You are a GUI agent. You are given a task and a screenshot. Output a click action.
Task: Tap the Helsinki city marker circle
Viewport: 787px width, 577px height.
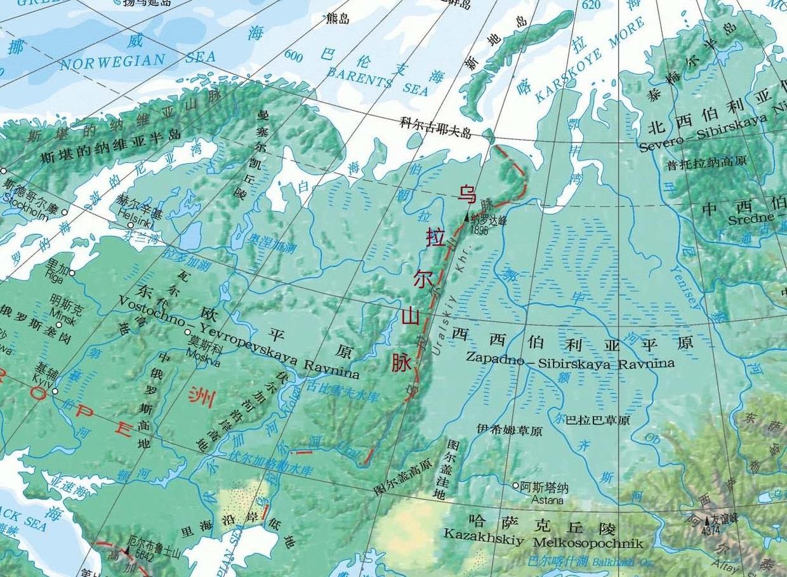pos(131,225)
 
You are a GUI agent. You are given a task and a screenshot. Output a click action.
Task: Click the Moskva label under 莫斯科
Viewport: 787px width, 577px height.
pos(203,362)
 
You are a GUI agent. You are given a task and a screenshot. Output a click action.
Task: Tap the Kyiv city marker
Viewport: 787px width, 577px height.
pos(55,391)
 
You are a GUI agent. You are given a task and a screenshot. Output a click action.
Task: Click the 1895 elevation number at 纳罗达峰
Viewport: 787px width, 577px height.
pos(480,231)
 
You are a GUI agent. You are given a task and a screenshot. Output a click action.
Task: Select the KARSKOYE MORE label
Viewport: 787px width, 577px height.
pos(590,60)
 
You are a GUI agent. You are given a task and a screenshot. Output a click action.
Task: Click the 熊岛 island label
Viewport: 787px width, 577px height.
pos(337,19)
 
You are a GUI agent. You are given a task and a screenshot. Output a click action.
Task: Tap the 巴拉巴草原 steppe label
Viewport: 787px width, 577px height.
pos(598,420)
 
